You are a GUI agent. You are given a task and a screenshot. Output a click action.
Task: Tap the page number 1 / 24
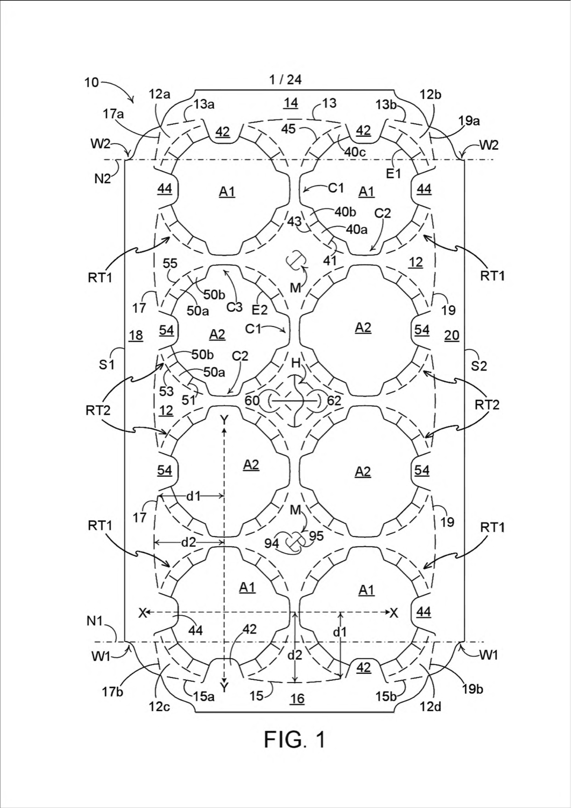pyautogui.click(x=285, y=80)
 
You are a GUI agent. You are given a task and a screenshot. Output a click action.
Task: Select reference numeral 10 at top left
pyautogui.click(x=91, y=82)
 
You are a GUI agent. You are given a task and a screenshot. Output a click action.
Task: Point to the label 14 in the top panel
pyautogui.click(x=291, y=103)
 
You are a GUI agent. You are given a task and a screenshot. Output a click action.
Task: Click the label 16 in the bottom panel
pyautogui.click(x=297, y=699)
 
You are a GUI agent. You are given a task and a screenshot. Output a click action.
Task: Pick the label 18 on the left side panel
pyautogui.click(x=136, y=336)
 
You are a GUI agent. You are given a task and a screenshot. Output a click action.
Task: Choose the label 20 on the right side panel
pyautogui.click(x=452, y=336)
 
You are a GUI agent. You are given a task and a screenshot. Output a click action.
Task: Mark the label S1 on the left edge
pyautogui.click(x=107, y=364)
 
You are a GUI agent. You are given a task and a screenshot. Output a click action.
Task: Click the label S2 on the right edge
pyautogui.click(x=479, y=366)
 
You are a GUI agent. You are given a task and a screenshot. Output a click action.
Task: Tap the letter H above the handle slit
pyautogui.click(x=296, y=363)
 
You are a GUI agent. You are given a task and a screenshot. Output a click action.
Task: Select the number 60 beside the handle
pyautogui.click(x=252, y=400)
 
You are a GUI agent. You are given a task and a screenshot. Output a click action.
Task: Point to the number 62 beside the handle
pyautogui.click(x=334, y=400)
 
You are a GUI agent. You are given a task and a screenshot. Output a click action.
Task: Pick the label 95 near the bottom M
pyautogui.click(x=316, y=536)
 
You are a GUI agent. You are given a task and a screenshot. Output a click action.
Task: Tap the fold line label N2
pyautogui.click(x=103, y=178)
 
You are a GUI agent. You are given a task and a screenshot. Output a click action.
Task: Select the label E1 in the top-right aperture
pyautogui.click(x=393, y=173)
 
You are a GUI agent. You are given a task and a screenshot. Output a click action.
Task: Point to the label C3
pyautogui.click(x=234, y=308)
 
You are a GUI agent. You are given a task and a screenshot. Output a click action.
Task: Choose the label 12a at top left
pyautogui.click(x=160, y=94)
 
